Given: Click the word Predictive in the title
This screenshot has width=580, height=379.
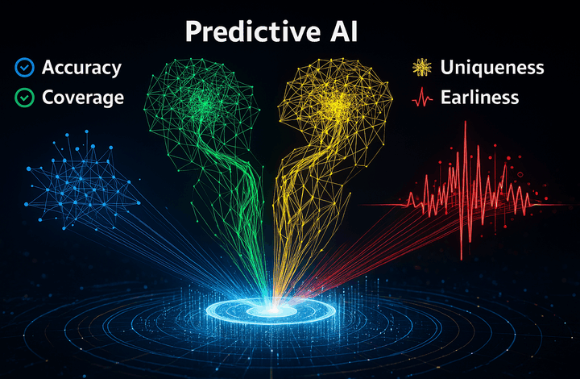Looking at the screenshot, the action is [253, 32].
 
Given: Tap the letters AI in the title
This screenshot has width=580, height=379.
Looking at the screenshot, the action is [344, 31].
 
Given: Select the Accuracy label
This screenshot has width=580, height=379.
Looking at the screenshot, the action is [81, 68].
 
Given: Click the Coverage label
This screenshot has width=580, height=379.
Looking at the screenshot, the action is [83, 98].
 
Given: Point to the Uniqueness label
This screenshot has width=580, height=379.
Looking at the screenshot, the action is [492, 68].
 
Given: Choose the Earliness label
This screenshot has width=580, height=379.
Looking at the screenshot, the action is [480, 98].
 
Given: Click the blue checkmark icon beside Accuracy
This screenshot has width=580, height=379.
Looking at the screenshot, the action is [25, 68].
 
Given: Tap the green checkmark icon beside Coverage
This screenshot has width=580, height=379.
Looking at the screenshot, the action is [25, 98].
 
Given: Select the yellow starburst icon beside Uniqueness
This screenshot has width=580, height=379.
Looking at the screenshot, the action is [422, 68].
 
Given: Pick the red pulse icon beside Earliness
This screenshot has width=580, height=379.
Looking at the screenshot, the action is [422, 98].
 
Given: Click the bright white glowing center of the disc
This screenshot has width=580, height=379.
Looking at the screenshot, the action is [273, 309].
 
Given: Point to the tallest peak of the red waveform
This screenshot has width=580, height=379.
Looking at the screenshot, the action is [466, 122].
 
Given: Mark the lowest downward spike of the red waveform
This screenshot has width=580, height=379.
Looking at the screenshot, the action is [462, 258].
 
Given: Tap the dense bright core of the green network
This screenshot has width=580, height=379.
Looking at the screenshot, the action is [203, 102].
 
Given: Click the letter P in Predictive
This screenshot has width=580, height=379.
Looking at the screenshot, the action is [193, 31].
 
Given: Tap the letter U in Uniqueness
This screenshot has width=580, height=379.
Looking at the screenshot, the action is [447, 68].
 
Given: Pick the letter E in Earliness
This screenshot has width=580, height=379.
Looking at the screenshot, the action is [446, 98].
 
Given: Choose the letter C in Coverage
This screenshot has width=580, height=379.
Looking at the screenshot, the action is [49, 98].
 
